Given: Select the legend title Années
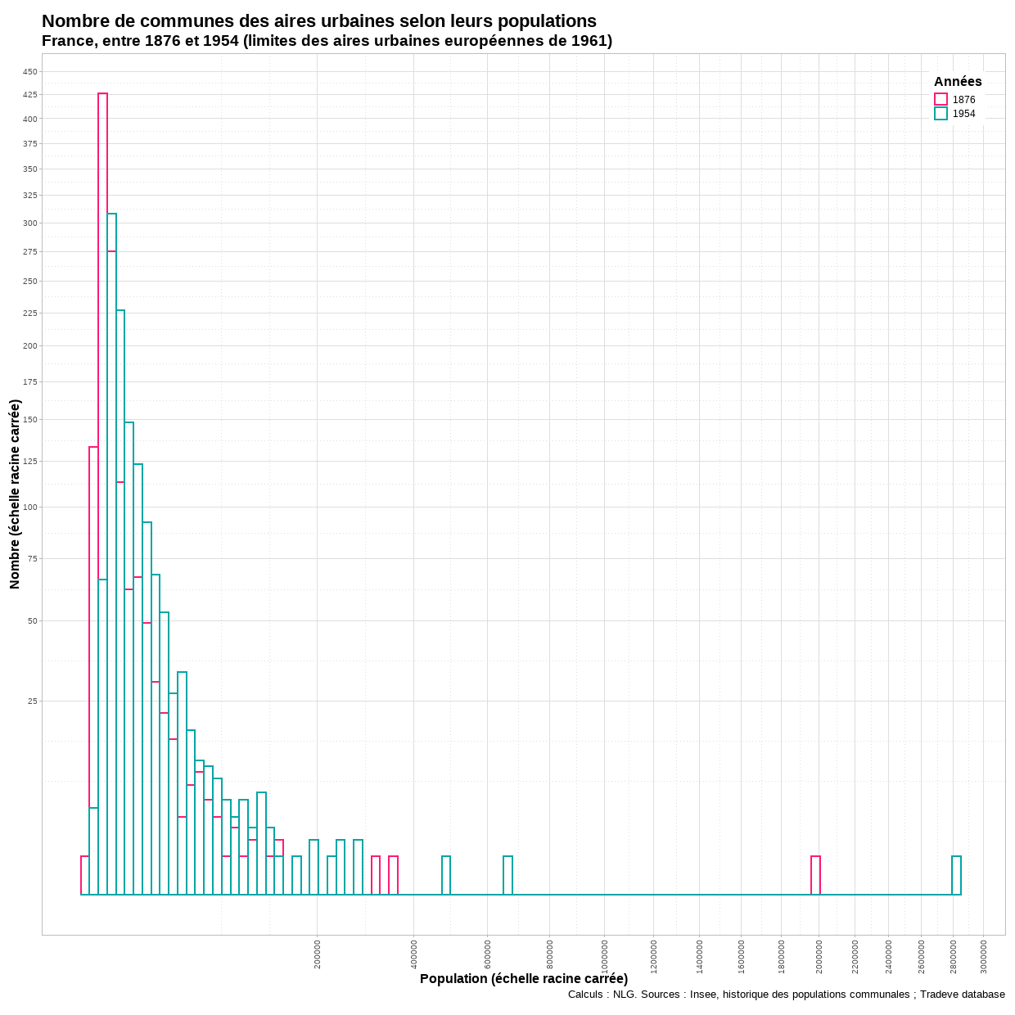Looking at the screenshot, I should (958, 82).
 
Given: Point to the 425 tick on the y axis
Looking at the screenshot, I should (30, 95).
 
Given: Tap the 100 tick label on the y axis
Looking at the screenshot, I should (30, 508).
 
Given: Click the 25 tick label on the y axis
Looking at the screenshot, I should (33, 701).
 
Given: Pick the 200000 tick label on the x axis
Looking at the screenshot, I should (318, 954).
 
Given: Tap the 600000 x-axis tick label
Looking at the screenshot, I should (487, 954).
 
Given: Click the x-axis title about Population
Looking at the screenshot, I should (524, 979).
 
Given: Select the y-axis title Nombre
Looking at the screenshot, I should (15, 494).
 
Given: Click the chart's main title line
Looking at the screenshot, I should (319, 21).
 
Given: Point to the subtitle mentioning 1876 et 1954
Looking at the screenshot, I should (327, 41).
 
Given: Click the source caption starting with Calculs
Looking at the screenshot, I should (786, 995).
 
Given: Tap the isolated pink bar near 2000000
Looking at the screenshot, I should (815, 875).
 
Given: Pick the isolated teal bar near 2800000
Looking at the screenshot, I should (956, 875).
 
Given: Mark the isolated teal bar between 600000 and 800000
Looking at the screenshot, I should (508, 875).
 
